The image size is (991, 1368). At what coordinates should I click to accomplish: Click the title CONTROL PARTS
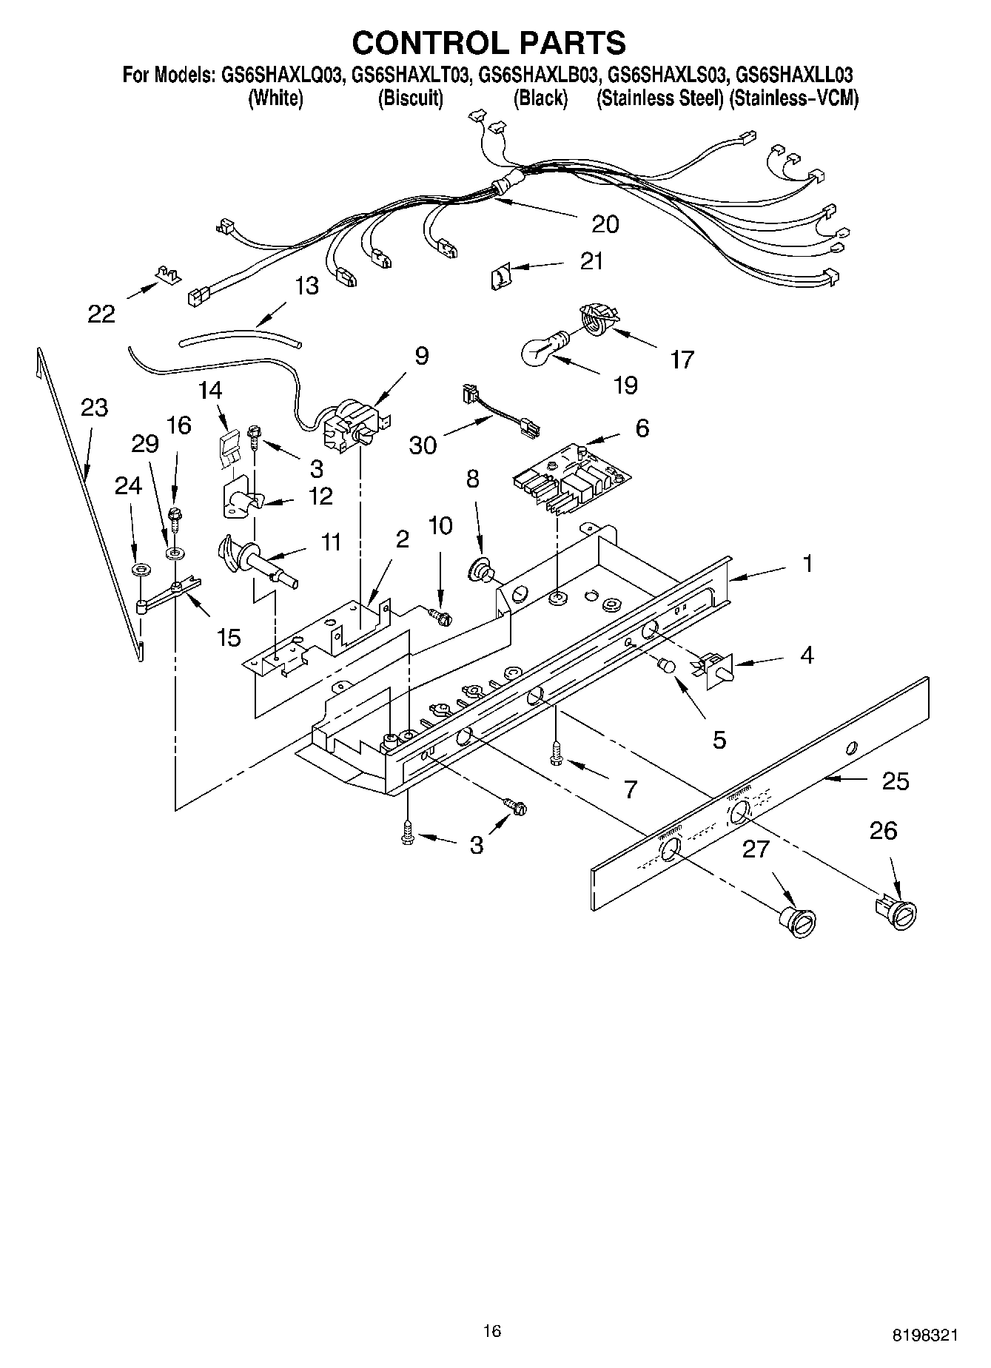[488, 43]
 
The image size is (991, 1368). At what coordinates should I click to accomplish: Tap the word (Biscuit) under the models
[411, 98]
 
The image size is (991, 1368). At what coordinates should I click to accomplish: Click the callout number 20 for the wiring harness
[605, 223]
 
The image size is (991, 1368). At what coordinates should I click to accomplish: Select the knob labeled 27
[798, 922]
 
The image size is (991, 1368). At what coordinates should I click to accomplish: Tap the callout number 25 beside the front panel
[895, 781]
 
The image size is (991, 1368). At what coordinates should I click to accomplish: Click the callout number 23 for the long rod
[94, 408]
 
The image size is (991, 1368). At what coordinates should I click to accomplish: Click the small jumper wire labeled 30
[502, 419]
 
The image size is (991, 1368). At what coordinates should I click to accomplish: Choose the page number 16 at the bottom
[492, 1332]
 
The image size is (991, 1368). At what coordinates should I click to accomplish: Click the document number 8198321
[926, 1335]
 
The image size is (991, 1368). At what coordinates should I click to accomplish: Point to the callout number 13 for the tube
[306, 286]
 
